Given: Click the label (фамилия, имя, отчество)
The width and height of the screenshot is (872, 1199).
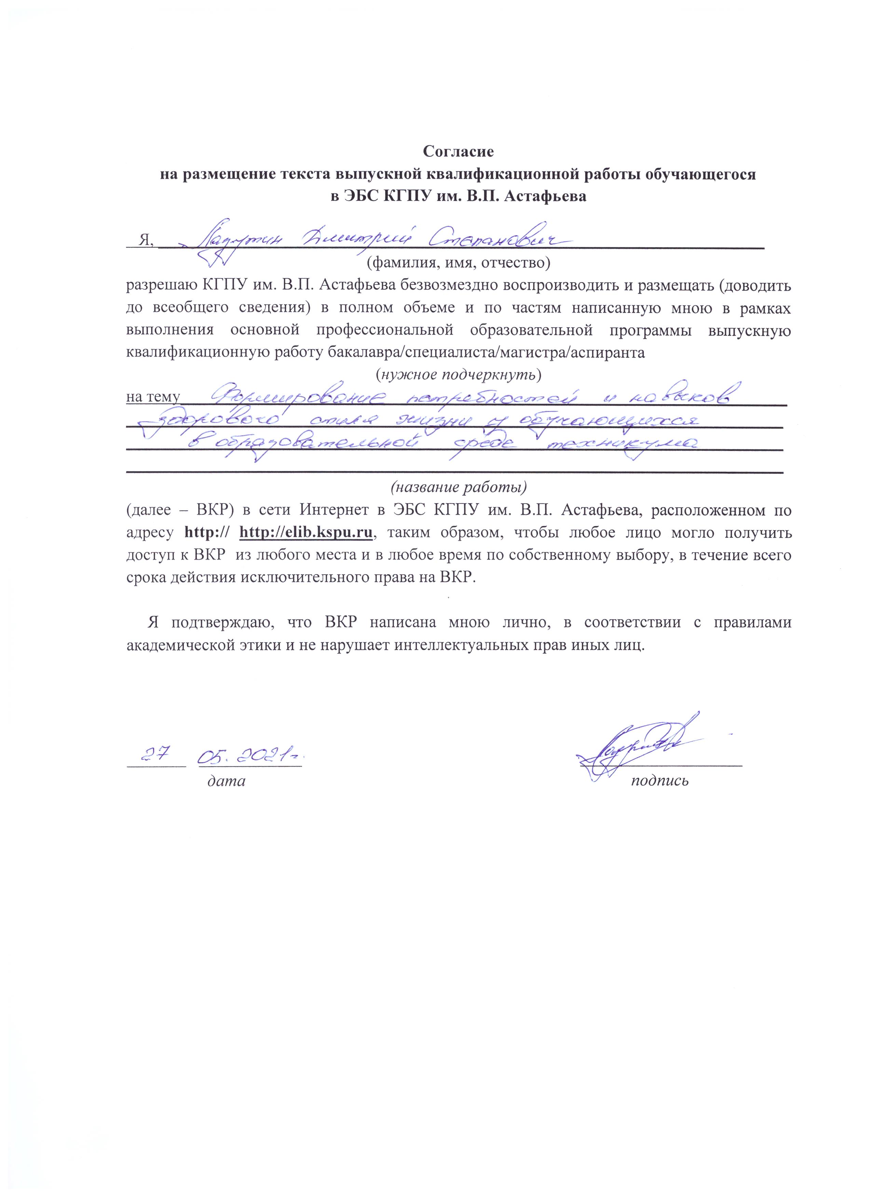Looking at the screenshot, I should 459,262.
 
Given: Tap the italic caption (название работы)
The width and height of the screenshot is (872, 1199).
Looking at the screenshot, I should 459,486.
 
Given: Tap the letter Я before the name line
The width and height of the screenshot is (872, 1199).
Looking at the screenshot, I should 144,240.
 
